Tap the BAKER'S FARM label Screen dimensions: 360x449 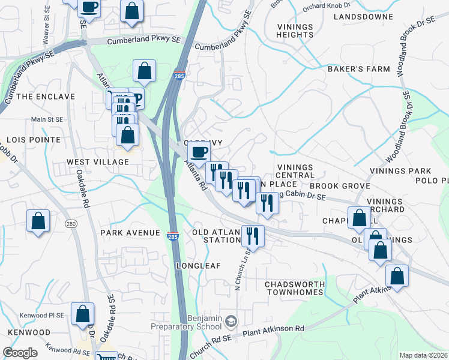click(x=358, y=69)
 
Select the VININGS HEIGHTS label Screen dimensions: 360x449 click(x=294, y=31)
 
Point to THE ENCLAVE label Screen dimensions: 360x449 click(x=46, y=96)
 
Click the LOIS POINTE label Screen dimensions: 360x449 click(x=30, y=139)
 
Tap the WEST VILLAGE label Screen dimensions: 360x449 click(x=90, y=162)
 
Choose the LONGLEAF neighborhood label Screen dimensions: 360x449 click(x=199, y=265)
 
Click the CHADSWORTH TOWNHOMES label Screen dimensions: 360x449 click(x=294, y=288)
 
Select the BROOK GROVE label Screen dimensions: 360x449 click(x=334, y=186)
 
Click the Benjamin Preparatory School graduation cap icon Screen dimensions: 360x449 click(x=231, y=323)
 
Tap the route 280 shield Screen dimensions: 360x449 click(x=71, y=224)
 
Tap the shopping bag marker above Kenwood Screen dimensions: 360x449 click(x=82, y=313)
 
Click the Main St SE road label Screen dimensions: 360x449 click(x=47, y=119)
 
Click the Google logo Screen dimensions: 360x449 click(x=20, y=353)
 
